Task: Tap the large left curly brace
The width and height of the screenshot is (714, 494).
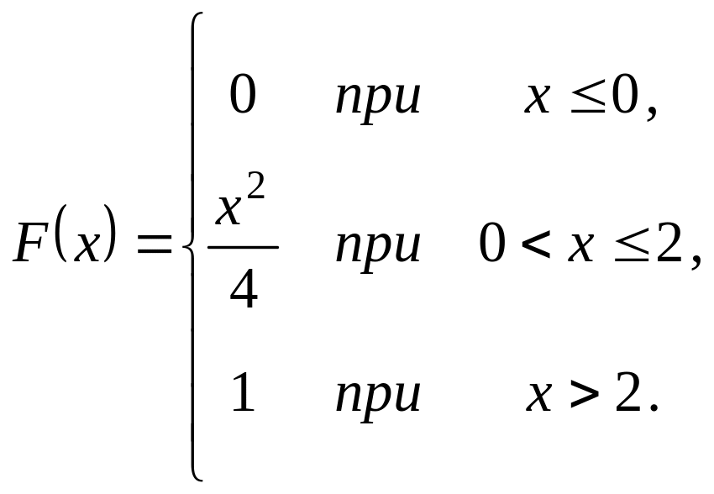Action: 192,247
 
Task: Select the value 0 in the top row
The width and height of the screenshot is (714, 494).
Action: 242,96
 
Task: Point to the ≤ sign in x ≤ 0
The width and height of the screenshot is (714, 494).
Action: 586,99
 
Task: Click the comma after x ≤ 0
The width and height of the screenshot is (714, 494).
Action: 649,113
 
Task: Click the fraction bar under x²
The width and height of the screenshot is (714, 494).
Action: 242,247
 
